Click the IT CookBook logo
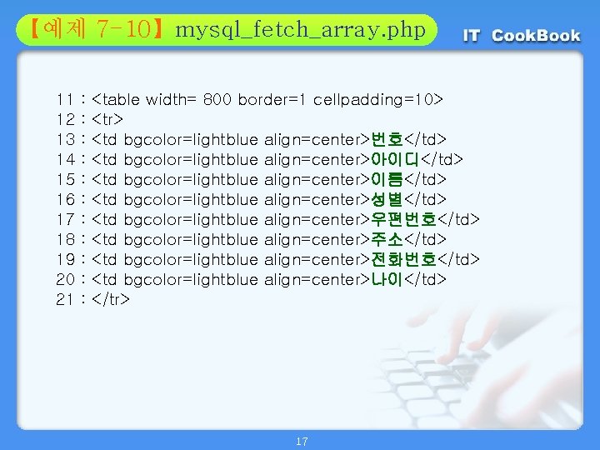point(522,36)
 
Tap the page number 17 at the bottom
point(301,441)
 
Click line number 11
point(67,99)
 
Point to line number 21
point(67,298)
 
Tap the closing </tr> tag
point(112,298)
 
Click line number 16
point(67,198)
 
